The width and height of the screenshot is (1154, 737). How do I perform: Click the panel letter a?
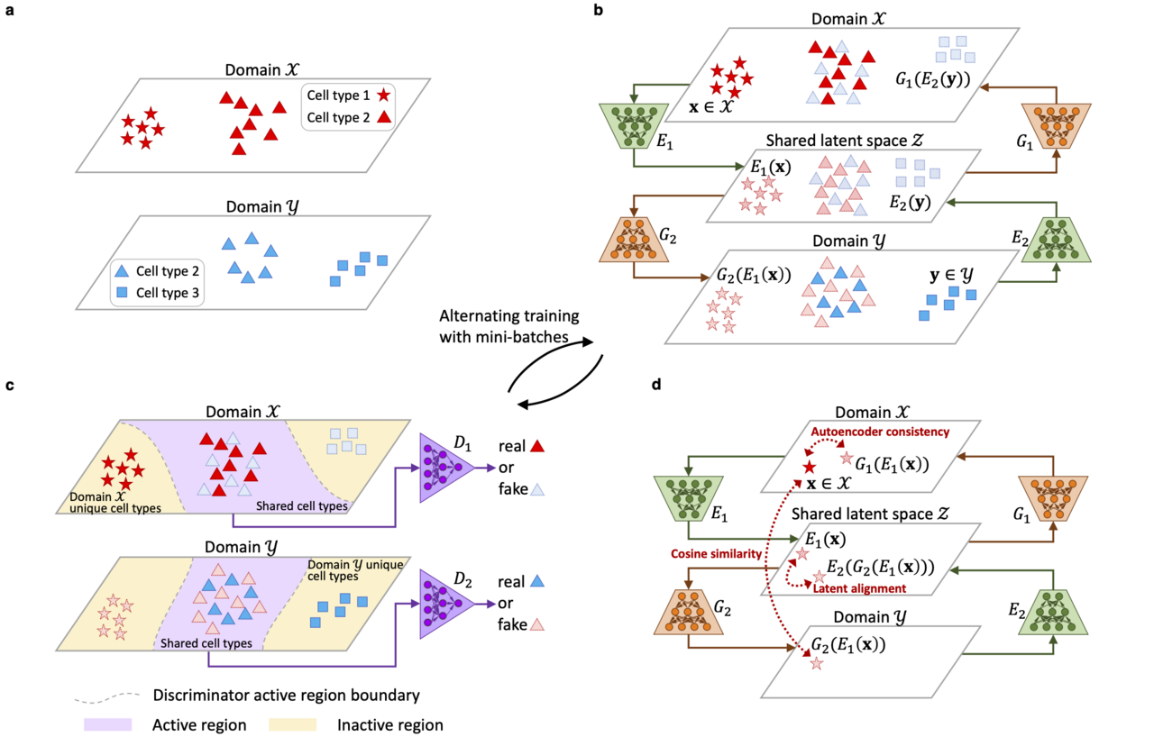[x=9, y=12]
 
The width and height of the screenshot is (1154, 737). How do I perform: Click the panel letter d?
[x=655, y=385]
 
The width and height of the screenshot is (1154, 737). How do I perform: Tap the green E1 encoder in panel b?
[x=631, y=125]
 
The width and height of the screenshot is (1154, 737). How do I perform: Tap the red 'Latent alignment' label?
[x=859, y=587]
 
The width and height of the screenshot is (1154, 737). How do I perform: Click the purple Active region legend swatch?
[x=107, y=724]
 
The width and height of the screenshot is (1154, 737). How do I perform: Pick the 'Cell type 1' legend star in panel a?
[x=383, y=95]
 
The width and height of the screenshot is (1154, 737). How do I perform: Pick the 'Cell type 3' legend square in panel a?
[x=122, y=292]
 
